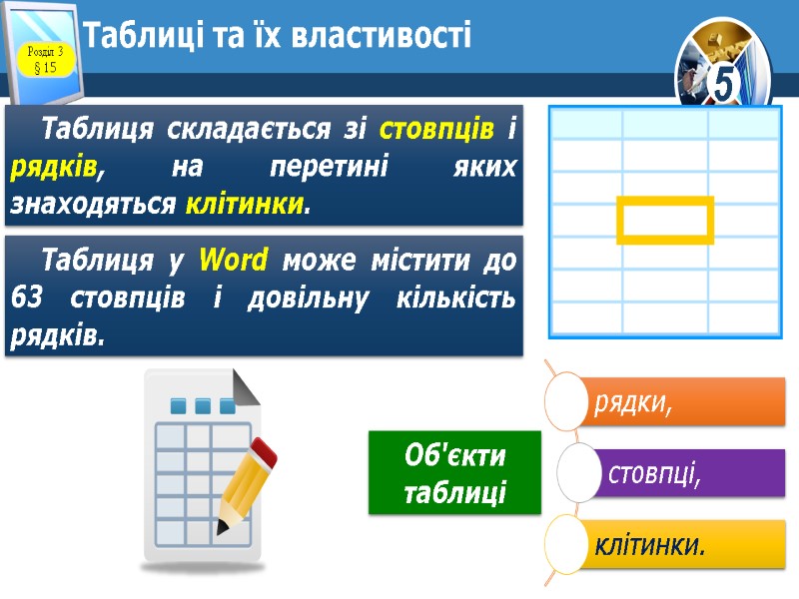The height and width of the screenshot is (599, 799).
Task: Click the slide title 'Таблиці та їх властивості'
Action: (278, 37)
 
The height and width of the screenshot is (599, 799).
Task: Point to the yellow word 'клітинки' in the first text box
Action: (245, 205)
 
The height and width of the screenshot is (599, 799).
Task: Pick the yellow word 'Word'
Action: (234, 261)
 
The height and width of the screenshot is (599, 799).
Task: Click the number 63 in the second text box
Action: (28, 298)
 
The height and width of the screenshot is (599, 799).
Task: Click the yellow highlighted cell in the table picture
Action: (665, 220)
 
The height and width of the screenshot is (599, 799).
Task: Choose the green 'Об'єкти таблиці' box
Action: (454, 473)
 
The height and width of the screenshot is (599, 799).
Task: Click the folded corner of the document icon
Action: (245, 384)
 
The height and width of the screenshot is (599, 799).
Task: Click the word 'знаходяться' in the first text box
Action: (92, 205)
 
